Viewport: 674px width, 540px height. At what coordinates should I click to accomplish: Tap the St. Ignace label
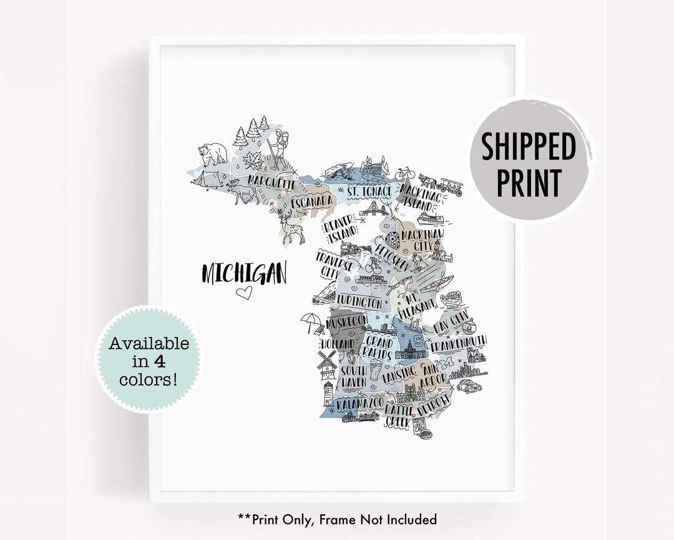pyautogui.click(x=369, y=189)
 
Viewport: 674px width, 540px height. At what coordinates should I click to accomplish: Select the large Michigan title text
pyautogui.click(x=243, y=272)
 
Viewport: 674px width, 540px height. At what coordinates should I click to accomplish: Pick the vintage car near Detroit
pyautogui.click(x=467, y=386)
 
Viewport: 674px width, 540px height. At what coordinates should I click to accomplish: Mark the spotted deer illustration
pyautogui.click(x=291, y=228)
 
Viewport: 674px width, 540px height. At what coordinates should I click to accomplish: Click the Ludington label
pyautogui.click(x=359, y=302)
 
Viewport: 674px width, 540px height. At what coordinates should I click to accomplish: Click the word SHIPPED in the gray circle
pyautogui.click(x=528, y=147)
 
